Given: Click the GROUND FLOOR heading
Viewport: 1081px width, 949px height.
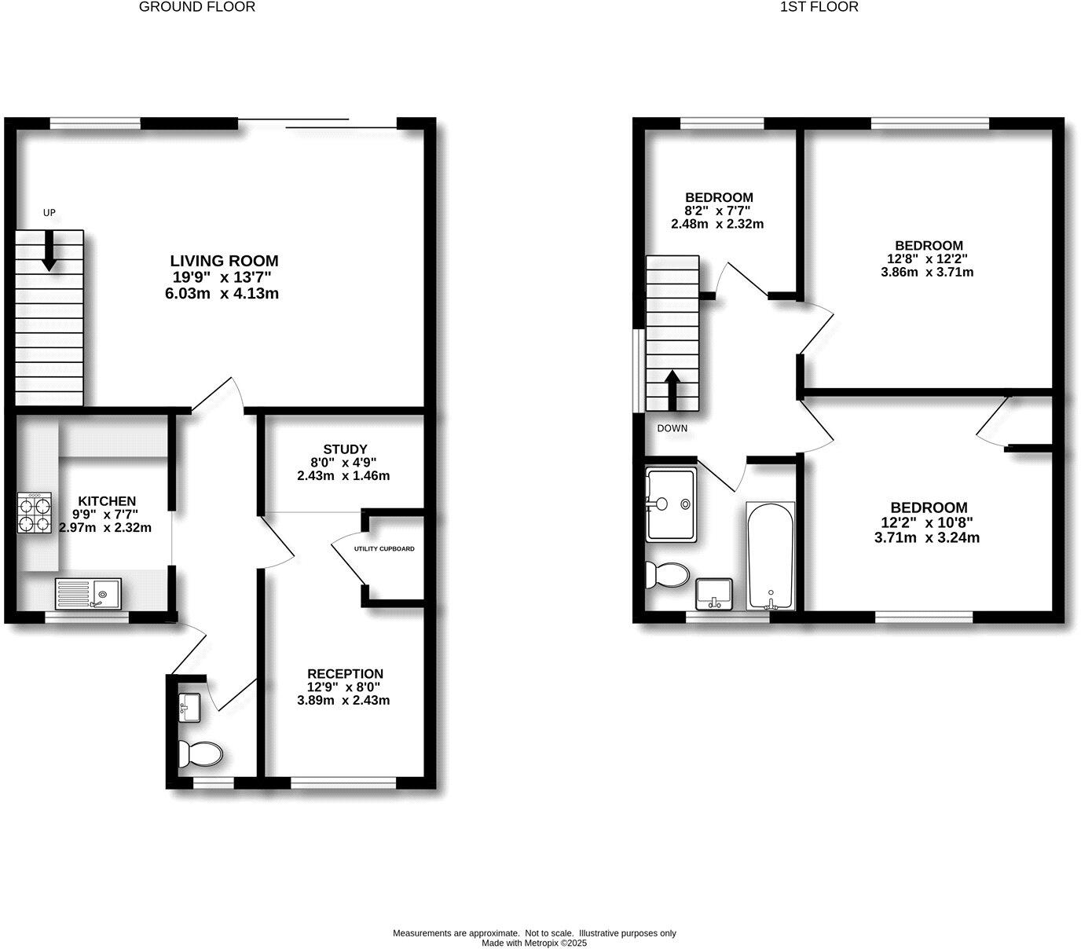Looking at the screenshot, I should [x=197, y=7].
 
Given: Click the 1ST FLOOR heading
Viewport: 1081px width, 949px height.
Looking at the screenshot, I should [x=819, y=7].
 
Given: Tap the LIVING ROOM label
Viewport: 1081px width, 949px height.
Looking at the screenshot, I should [x=224, y=261].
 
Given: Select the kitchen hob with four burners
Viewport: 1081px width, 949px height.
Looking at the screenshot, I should [x=35, y=513].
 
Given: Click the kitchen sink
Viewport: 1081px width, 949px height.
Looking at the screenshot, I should [x=88, y=593].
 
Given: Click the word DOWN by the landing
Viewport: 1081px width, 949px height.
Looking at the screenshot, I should [x=672, y=428].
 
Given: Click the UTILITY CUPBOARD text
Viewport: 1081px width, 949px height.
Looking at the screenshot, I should [x=384, y=549].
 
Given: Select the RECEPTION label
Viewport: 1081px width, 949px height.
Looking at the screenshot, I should [x=345, y=673].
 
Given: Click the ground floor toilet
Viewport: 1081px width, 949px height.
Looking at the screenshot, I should [x=200, y=754].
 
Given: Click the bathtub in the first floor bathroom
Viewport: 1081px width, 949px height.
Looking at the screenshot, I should [x=770, y=556].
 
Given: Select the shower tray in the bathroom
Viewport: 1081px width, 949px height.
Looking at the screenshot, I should [x=670, y=505].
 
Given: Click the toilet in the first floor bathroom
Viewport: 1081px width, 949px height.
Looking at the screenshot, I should [x=665, y=575].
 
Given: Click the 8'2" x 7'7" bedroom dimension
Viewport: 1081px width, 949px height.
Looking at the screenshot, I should [x=718, y=211].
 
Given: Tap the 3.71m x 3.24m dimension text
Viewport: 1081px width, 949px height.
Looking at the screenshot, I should [x=927, y=538].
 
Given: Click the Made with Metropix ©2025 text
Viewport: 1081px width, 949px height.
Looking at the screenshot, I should [x=534, y=943].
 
